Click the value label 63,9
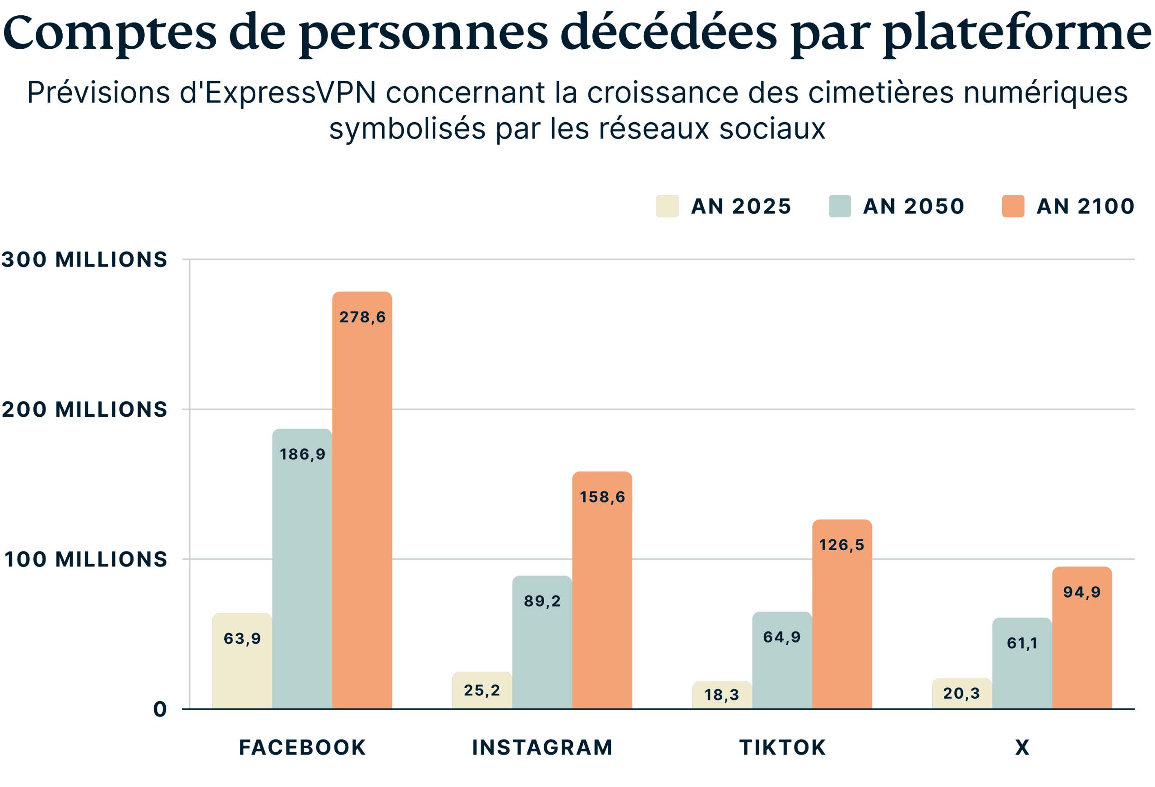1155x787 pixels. pyautogui.click(x=242, y=639)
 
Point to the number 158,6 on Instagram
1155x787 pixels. pyautogui.click(x=602, y=497)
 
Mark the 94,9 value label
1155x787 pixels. pyautogui.click(x=1082, y=592)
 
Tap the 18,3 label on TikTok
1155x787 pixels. pyautogui.click(x=721, y=695)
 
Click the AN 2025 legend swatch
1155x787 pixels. pyautogui.click(x=667, y=206)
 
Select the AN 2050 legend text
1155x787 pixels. pyautogui.click(x=914, y=206)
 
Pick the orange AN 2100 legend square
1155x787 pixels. pyautogui.click(x=1012, y=206)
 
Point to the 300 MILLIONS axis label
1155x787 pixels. pyautogui.click(x=84, y=259)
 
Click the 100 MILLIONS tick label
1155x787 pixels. pyautogui.click(x=85, y=559)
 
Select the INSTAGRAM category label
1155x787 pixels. pyautogui.click(x=542, y=748)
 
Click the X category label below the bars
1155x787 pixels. pyautogui.click(x=1022, y=748)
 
